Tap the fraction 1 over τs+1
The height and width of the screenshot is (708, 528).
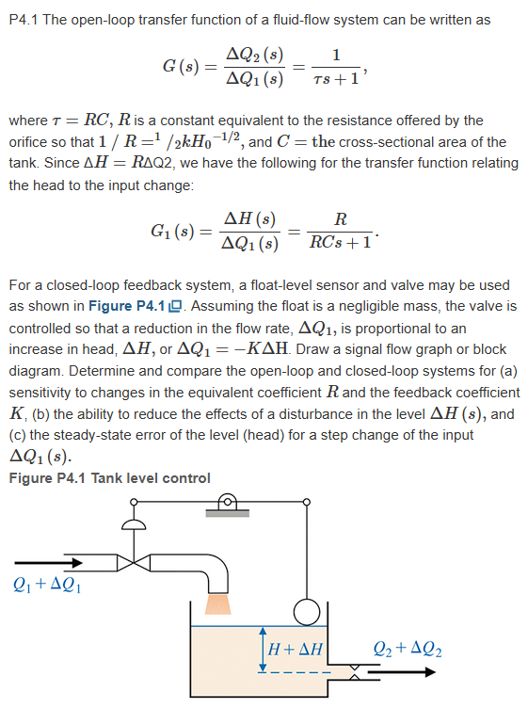coord(336,66)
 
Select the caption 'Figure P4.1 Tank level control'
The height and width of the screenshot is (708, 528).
coord(109,478)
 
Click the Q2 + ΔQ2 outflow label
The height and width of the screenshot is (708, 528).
coord(408,649)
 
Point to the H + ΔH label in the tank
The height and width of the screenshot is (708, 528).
coord(296,650)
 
